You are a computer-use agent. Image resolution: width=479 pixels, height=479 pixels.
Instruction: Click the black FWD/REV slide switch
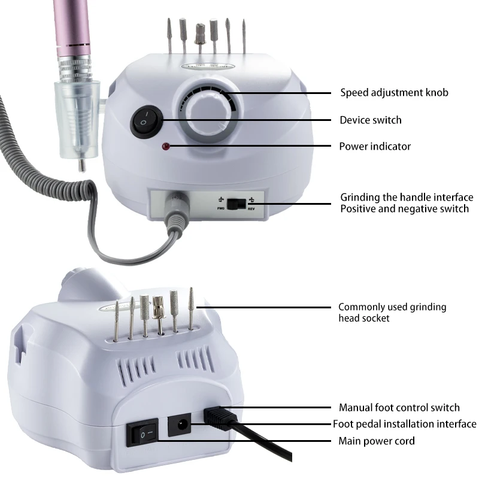click(240, 204)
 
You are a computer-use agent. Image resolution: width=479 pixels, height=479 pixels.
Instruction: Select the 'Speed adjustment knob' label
click(394, 93)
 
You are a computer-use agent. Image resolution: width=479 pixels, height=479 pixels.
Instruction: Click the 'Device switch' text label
click(371, 120)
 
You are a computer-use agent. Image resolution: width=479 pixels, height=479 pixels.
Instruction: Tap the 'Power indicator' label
click(375, 147)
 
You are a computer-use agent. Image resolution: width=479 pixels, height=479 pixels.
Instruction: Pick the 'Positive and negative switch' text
click(404, 209)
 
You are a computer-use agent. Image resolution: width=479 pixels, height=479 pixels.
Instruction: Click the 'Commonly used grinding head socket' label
click(392, 313)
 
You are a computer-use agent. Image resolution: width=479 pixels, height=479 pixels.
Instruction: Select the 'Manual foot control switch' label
click(399, 408)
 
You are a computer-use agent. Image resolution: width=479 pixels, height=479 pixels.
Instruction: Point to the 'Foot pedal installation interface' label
click(405, 425)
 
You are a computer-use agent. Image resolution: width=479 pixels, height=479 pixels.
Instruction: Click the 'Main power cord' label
click(377, 441)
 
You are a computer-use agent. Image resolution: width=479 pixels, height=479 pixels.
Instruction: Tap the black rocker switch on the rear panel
click(143, 435)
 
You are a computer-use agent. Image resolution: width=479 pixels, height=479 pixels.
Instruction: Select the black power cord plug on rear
click(219, 417)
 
